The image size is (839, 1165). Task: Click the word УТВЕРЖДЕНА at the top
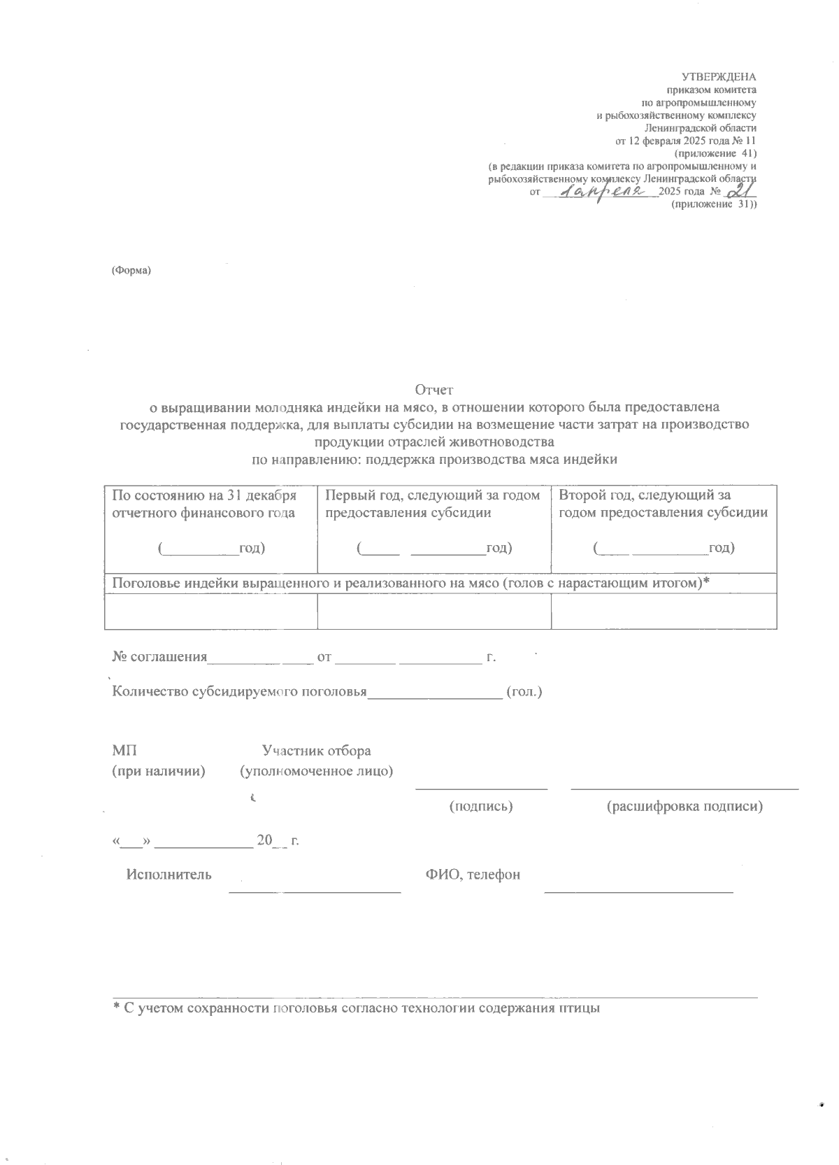719,77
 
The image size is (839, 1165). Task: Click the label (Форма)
131,271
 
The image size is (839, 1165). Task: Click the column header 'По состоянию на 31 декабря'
204,495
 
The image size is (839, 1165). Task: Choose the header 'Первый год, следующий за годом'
433,495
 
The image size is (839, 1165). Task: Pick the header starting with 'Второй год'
643,495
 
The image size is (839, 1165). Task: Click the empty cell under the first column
210,611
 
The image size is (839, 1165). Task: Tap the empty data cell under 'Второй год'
664,611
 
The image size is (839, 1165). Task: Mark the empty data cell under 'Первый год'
434,611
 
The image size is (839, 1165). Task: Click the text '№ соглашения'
160,657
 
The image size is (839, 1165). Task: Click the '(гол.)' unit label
524,692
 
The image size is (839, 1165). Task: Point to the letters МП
124,751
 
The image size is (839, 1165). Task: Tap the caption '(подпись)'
481,806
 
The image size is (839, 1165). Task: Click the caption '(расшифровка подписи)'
684,806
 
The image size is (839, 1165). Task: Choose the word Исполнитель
168,875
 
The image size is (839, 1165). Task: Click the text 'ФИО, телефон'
473,875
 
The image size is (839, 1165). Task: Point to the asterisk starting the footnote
117,1008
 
